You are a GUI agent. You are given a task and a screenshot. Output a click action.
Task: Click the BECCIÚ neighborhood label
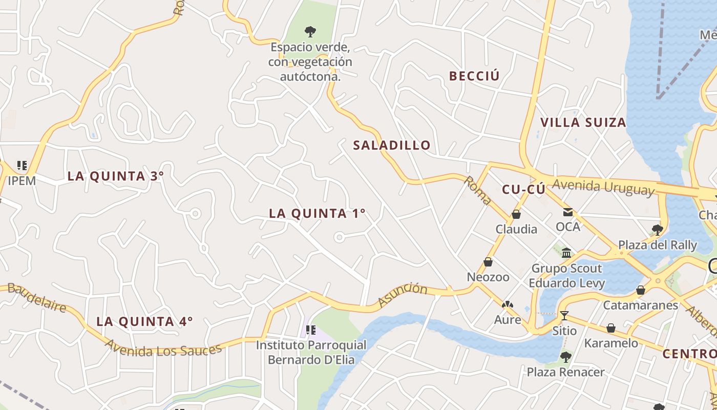point(474,76)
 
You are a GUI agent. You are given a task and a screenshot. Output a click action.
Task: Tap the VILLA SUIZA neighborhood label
point(583,122)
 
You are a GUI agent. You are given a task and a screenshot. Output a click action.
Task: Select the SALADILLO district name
point(392,145)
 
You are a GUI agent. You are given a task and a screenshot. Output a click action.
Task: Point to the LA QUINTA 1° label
point(318,213)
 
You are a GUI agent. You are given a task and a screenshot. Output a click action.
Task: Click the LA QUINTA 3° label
point(116,176)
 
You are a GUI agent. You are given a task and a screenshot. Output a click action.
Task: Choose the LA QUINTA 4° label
point(145,321)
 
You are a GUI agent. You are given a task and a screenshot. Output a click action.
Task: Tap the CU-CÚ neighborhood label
point(523,190)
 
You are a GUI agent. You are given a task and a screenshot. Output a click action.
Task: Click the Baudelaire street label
point(37,298)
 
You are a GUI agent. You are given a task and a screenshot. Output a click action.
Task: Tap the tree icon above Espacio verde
point(310,31)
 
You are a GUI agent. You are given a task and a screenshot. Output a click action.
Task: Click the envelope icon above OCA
point(568,212)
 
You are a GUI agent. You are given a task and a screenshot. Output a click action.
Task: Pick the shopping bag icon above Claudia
point(516,214)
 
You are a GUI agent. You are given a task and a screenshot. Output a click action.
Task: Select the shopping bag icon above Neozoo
point(488,262)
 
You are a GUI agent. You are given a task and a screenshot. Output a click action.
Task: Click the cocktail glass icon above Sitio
point(564,315)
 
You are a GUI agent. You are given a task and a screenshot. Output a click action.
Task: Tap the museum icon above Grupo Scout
point(566,253)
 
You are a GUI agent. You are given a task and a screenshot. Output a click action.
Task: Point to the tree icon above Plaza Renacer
point(566,357)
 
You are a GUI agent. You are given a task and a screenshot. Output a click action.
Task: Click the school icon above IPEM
point(22,165)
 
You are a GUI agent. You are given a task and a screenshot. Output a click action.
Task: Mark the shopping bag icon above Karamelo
point(611,328)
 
